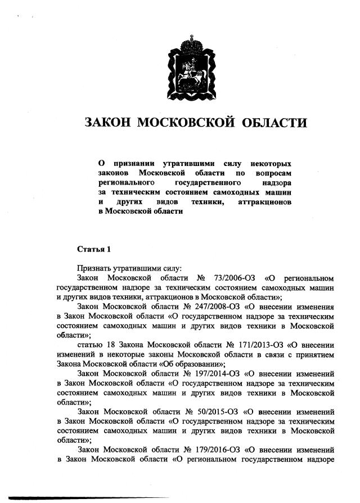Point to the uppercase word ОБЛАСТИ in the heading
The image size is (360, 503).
coord(276,123)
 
